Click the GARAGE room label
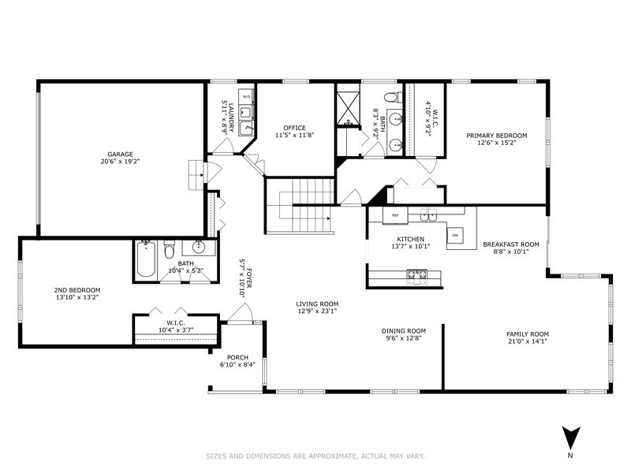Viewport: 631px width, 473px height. click(x=121, y=154)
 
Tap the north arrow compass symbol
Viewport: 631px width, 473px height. click(x=571, y=437)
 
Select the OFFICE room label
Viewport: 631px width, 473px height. click(x=290, y=128)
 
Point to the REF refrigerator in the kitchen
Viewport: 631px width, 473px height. click(x=395, y=214)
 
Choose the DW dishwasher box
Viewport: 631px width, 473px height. click(x=455, y=236)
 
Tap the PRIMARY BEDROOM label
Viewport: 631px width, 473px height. click(x=496, y=136)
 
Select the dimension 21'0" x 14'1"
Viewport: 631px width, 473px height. click(x=527, y=341)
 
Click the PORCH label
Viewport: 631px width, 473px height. click(x=237, y=357)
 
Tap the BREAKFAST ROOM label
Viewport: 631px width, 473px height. click(x=510, y=244)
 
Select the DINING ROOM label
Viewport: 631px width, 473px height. click(x=404, y=331)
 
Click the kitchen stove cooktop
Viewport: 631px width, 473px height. click(x=416, y=274)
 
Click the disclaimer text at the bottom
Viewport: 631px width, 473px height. click(x=315, y=456)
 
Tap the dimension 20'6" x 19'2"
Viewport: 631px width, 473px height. click(x=121, y=162)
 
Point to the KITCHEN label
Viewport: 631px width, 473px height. click(x=410, y=239)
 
